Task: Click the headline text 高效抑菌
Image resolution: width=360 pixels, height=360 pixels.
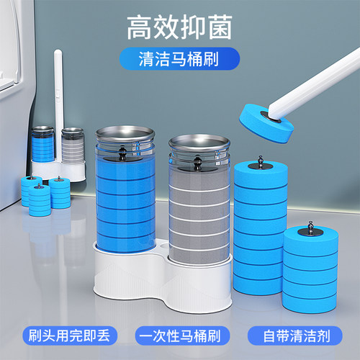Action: pos(180,27)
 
